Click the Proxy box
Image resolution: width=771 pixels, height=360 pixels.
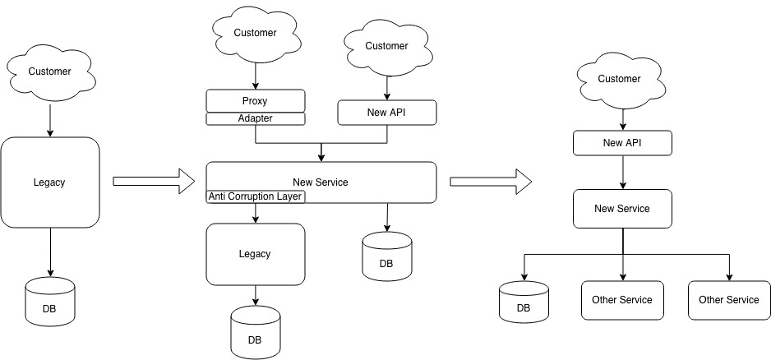tap(255, 101)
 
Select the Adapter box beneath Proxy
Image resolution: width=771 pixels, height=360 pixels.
tap(255, 118)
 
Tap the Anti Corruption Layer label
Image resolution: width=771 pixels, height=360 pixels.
tap(256, 196)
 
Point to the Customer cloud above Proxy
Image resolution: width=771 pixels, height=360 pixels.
tap(255, 34)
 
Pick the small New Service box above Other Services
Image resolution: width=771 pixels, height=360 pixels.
tap(622, 209)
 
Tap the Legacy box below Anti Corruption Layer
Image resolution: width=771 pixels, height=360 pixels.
tap(255, 254)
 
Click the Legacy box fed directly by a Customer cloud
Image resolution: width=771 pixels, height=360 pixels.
tap(50, 182)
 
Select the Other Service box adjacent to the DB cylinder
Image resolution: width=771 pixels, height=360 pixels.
tap(622, 300)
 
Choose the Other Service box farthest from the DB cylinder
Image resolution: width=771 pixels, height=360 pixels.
tap(729, 300)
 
